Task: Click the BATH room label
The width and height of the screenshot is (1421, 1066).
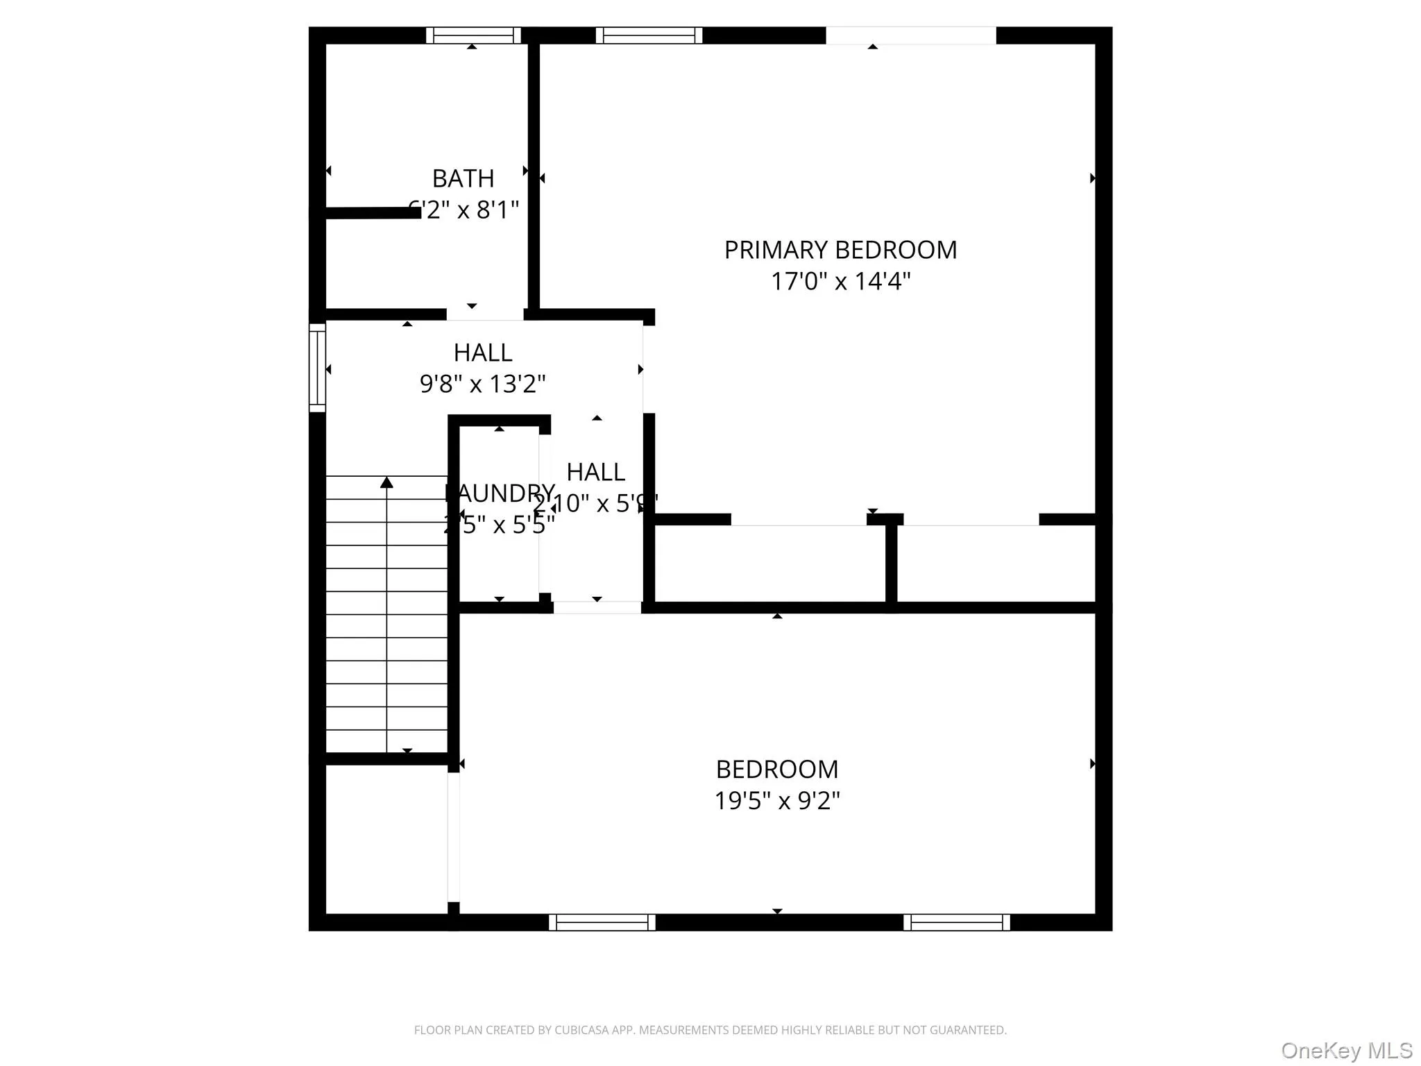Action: (x=463, y=179)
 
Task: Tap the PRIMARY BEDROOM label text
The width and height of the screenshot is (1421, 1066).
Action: (x=840, y=250)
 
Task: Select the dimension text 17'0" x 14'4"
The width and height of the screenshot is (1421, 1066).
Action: (x=840, y=281)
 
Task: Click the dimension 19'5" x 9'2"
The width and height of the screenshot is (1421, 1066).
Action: (x=777, y=801)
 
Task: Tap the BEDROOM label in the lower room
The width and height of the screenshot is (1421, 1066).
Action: (x=777, y=770)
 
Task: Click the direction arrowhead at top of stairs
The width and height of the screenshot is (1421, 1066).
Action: (x=387, y=482)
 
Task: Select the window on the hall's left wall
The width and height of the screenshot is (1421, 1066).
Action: (x=317, y=368)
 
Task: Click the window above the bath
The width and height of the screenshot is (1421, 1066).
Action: (x=473, y=35)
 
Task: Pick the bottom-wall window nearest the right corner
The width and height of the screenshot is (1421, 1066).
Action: (x=957, y=922)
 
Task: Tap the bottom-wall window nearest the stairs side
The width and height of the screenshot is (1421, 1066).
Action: (x=602, y=922)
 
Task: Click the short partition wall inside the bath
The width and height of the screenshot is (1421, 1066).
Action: (x=373, y=213)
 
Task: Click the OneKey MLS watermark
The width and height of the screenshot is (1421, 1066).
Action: (x=1347, y=1050)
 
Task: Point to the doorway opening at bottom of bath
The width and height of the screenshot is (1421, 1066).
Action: (x=484, y=314)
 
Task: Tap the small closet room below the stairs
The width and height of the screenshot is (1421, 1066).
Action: (x=386, y=840)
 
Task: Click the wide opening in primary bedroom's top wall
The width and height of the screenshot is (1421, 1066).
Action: (x=910, y=35)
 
